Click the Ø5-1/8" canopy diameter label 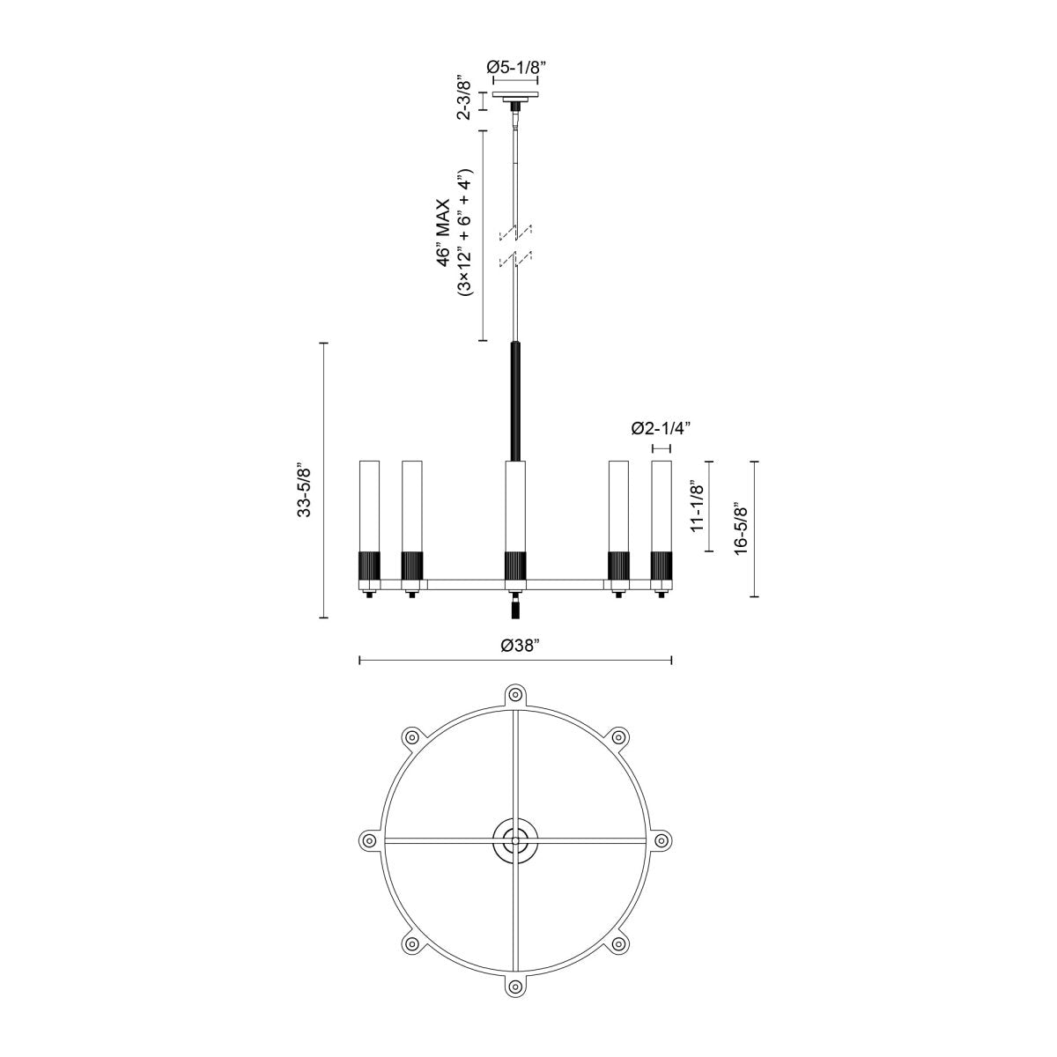(x=515, y=66)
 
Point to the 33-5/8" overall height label (x=305, y=487)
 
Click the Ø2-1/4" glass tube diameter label (x=661, y=429)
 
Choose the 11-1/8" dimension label (x=697, y=506)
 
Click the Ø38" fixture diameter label (x=518, y=645)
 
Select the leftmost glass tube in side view (x=369, y=506)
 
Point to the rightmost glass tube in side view (x=661, y=506)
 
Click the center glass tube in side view (x=515, y=506)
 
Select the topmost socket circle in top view (x=515, y=694)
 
